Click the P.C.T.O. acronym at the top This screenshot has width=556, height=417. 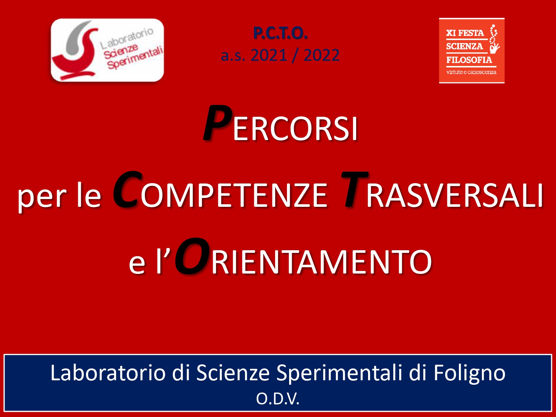pyautogui.click(x=280, y=33)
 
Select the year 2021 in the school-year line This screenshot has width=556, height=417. pyautogui.click(x=269, y=55)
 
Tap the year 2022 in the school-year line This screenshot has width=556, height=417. pyautogui.click(x=321, y=55)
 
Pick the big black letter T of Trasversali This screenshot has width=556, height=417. pyautogui.click(x=354, y=189)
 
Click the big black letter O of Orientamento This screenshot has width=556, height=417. pyautogui.click(x=192, y=256)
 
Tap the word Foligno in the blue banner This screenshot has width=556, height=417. pyautogui.click(x=469, y=373)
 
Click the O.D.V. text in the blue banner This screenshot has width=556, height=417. pyautogui.click(x=278, y=399)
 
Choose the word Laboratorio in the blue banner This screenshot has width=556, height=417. pyautogui.click(x=108, y=373)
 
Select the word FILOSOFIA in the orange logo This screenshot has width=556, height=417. pyautogui.click(x=469, y=60)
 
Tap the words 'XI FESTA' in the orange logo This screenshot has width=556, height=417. pyautogui.click(x=465, y=33)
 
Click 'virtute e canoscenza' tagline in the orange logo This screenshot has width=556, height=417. pyautogui.click(x=471, y=72)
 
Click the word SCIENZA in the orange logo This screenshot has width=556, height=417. pyautogui.click(x=464, y=46)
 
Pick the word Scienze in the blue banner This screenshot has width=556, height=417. pyautogui.click(x=233, y=373)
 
